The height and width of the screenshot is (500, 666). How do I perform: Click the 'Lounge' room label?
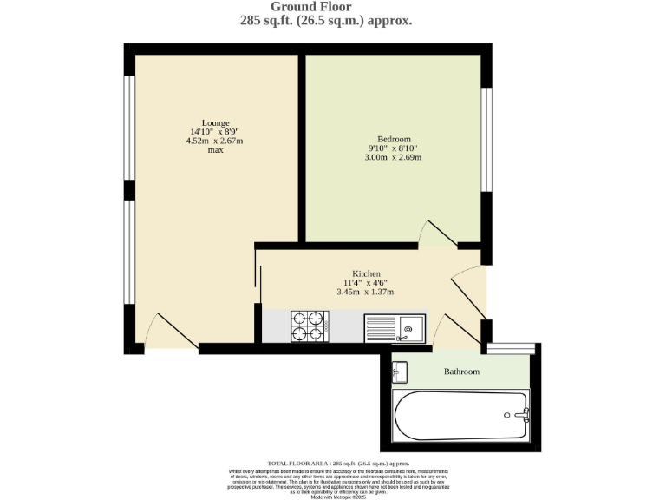click(215, 122)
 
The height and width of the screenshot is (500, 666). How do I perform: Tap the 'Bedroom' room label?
click(393, 139)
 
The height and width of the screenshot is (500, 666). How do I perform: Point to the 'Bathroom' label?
click(461, 372)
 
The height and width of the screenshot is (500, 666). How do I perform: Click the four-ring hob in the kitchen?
click(309, 326)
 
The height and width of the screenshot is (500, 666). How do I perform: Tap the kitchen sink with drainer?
click(395, 327)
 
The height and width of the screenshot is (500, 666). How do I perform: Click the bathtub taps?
click(522, 414)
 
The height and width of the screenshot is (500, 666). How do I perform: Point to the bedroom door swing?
click(436, 231)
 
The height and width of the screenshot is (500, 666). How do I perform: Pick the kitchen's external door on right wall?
click(469, 294)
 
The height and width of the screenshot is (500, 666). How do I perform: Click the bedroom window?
click(487, 140)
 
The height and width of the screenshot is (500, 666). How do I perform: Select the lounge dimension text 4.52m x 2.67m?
click(215, 141)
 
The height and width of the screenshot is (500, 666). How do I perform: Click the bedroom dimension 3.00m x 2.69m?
click(393, 157)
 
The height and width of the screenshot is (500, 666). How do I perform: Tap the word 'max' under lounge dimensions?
click(215, 150)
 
